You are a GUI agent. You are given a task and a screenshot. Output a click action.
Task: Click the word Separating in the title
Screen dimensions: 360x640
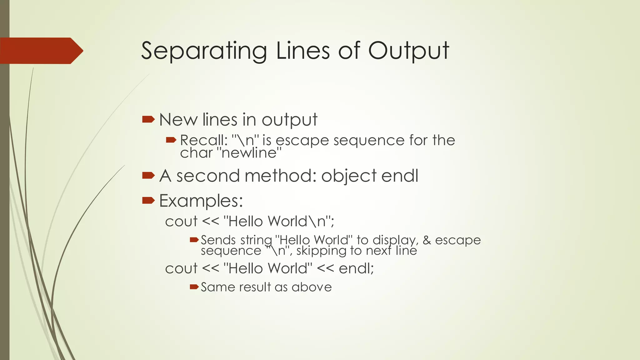204,51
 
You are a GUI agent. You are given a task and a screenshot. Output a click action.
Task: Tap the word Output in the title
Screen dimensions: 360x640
408,51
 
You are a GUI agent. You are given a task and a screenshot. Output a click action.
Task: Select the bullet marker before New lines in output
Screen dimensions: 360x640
148,119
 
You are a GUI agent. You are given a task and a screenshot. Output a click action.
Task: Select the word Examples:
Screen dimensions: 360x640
201,201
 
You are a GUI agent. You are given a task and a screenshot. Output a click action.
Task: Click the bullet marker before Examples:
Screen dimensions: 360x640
148,200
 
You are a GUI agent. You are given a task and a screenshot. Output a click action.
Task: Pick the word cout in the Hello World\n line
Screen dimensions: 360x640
181,222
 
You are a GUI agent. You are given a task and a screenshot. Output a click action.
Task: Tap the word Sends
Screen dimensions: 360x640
218,240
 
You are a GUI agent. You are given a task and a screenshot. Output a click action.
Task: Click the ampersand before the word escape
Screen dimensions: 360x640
427,240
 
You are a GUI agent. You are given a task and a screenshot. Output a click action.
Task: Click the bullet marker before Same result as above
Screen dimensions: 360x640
194,287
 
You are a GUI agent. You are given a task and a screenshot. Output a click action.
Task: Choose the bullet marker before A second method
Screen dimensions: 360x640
148,175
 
